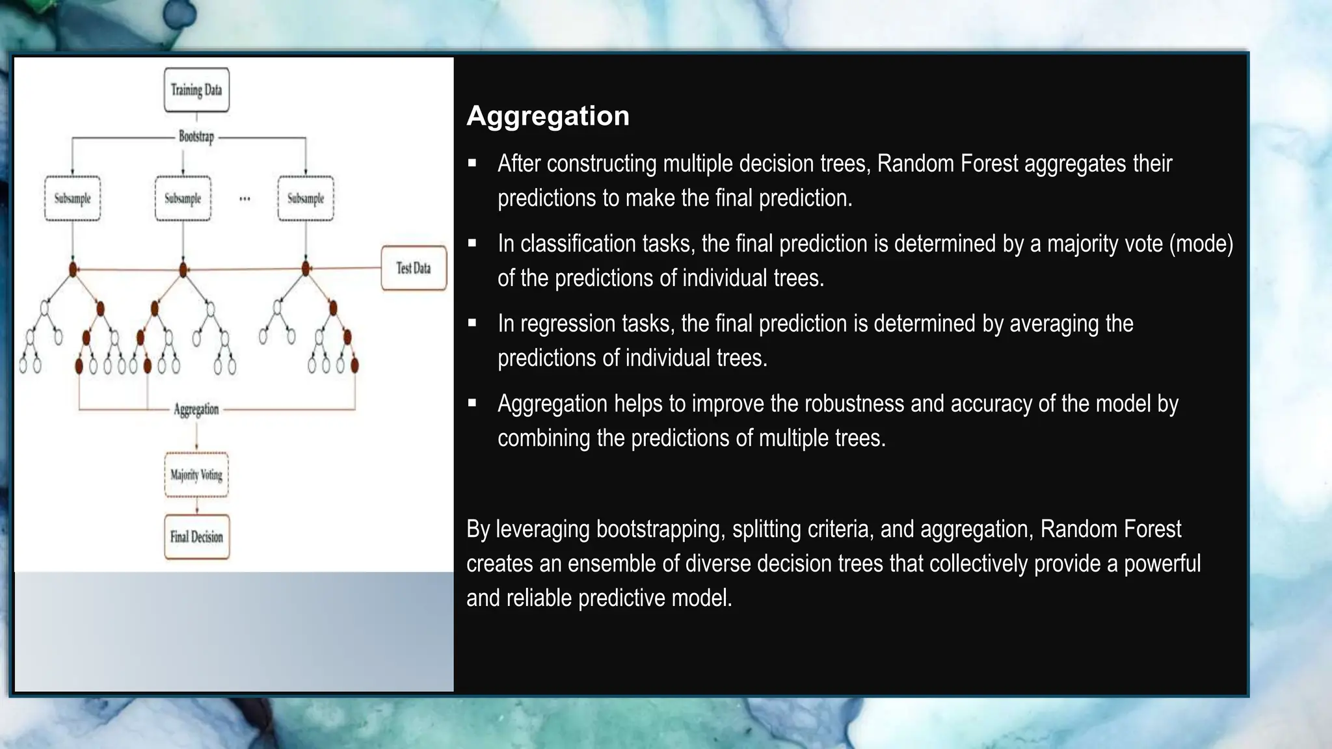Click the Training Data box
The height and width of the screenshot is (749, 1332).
196,90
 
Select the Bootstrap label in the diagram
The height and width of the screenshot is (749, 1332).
196,137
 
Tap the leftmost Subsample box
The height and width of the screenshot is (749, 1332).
72,198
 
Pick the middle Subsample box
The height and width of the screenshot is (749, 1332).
183,198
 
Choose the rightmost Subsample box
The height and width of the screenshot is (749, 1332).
306,198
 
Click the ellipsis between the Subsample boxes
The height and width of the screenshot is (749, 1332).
245,199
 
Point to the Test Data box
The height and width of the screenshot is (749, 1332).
414,268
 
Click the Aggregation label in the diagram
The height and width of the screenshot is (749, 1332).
196,409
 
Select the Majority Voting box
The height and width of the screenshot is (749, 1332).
196,475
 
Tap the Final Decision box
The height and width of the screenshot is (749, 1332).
196,537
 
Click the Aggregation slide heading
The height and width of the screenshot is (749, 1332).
548,116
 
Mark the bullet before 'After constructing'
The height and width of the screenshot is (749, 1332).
472,163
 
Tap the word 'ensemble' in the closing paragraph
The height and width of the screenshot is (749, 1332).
611,564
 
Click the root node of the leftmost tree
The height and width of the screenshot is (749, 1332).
73,269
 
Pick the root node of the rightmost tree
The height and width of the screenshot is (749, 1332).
306,269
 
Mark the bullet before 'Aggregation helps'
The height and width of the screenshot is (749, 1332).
472,404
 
